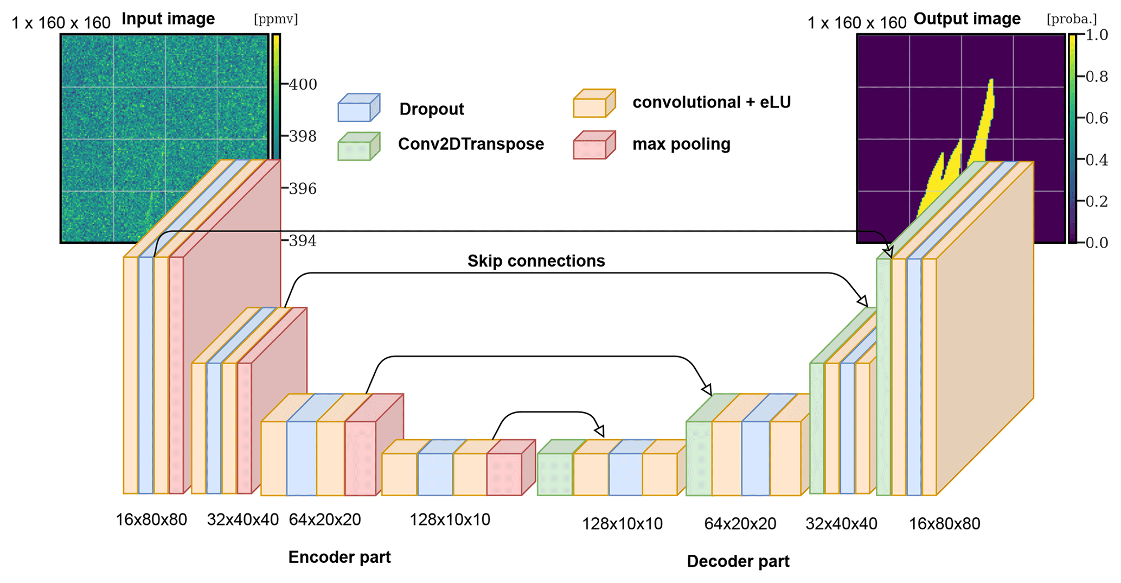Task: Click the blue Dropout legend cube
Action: pyautogui.click(x=358, y=107)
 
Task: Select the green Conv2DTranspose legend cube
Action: pyautogui.click(x=358, y=147)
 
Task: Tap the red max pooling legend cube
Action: pyautogui.click(x=594, y=145)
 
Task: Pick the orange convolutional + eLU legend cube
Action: pyautogui.click(x=594, y=104)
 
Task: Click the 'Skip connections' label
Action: pyautogui.click(x=536, y=261)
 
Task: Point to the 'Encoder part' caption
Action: pyautogui.click(x=339, y=557)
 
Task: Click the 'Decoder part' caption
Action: pyautogui.click(x=738, y=561)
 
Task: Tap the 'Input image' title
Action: pyautogui.click(x=168, y=19)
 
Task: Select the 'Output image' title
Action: pyautogui.click(x=966, y=19)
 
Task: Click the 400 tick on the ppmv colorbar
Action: pyautogui.click(x=302, y=85)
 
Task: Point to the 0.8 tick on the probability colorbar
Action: pyautogui.click(x=1096, y=77)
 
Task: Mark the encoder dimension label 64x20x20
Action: pyautogui.click(x=324, y=520)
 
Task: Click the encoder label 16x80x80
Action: pyautogui.click(x=151, y=520)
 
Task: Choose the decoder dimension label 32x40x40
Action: pyautogui.click(x=841, y=524)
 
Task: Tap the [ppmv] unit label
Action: pyautogui.click(x=276, y=20)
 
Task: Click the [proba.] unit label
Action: pyautogui.click(x=1071, y=20)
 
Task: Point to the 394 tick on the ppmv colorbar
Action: pyautogui.click(x=302, y=241)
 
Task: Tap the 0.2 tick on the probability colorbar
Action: pyautogui.click(x=1096, y=201)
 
